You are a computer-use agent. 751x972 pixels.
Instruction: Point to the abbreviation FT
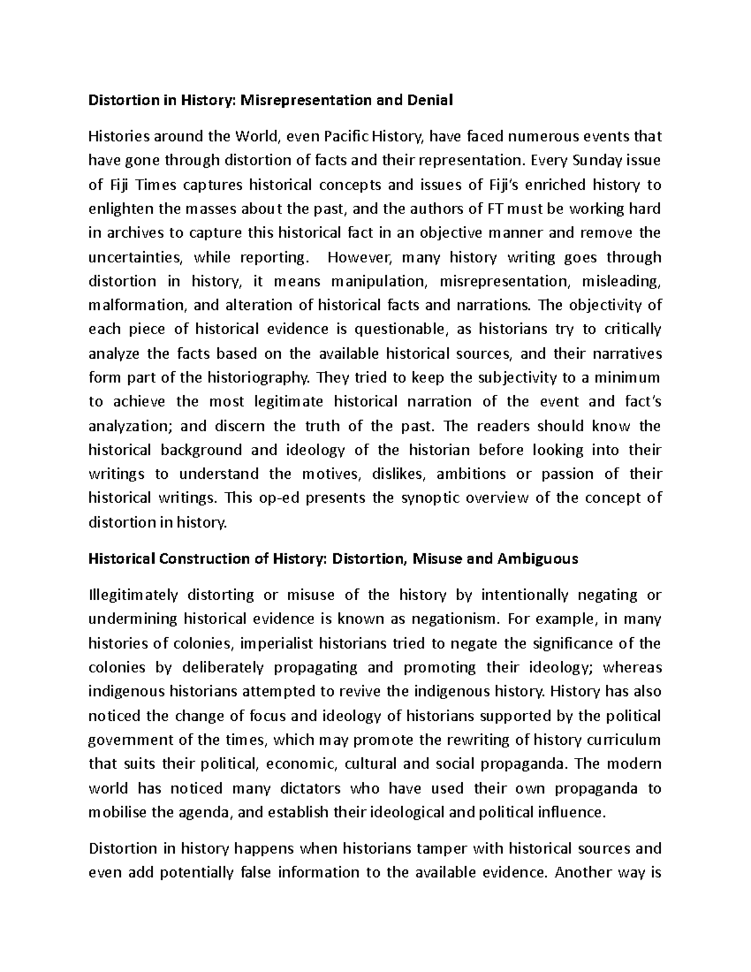[491, 208]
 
